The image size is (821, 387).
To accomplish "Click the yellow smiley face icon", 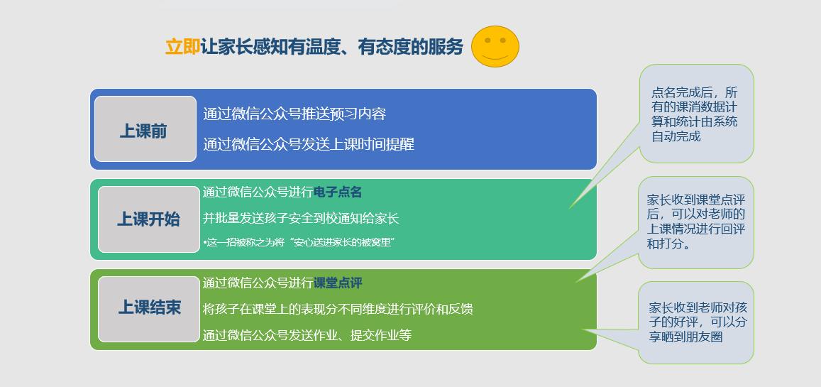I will [x=495, y=47].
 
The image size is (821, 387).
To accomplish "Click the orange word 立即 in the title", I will [x=182, y=47].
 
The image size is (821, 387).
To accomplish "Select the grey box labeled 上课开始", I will [x=148, y=219].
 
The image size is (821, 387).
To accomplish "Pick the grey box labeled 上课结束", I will [x=149, y=309].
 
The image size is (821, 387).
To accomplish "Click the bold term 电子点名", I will [x=338, y=192].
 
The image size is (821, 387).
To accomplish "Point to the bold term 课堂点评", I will [x=338, y=283].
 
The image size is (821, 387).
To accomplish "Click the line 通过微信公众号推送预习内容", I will [x=294, y=114].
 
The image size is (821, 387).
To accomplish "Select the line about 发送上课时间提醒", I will [x=309, y=144].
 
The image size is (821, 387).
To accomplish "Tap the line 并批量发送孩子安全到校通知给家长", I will [x=301, y=218].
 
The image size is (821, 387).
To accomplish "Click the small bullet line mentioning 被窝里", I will [x=299, y=242].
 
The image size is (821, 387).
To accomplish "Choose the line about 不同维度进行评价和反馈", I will [x=338, y=309].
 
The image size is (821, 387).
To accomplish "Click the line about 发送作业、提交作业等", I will [x=307, y=334].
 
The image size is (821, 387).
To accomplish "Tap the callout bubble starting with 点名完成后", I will [x=695, y=114].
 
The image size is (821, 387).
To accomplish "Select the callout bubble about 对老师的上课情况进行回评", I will [x=695, y=222].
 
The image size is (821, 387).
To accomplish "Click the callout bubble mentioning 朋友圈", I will [x=695, y=322].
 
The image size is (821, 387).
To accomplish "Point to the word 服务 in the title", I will [x=446, y=47].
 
